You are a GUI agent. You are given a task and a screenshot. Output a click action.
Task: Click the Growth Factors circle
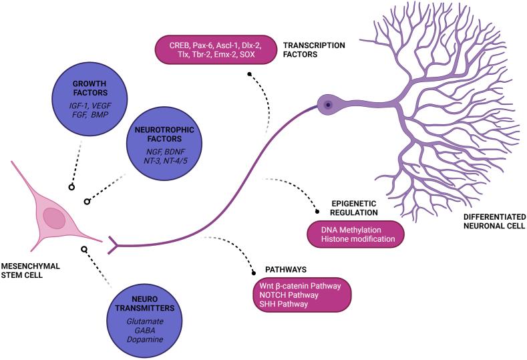point(90,98)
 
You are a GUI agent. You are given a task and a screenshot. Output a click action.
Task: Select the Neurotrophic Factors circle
point(164,143)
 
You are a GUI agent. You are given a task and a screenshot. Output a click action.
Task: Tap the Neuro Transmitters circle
point(144,320)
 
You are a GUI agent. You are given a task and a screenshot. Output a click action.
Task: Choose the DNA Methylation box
point(355,234)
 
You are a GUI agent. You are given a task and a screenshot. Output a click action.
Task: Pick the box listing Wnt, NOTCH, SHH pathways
point(303,295)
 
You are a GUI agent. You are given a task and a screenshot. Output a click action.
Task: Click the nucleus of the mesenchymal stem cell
point(55,218)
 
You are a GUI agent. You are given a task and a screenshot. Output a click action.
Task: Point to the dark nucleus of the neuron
point(329,106)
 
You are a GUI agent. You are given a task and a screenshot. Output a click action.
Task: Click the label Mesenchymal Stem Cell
point(30,271)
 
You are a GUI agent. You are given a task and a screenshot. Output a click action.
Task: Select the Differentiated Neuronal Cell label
point(494,221)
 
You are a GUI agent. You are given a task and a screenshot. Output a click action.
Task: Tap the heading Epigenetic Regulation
point(354,208)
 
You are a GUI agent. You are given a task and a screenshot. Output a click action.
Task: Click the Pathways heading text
point(286,270)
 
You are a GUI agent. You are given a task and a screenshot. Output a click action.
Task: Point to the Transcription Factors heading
point(314,49)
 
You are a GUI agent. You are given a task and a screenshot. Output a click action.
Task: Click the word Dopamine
point(145,339)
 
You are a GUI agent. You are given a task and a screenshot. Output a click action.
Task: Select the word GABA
point(145,331)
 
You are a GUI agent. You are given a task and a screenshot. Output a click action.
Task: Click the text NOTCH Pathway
point(289,295)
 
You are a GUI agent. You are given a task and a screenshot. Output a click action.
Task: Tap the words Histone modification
point(358,239)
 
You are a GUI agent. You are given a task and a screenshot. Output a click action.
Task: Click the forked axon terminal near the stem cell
point(113,245)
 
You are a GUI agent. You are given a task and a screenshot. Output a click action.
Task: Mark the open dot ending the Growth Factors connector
point(71,187)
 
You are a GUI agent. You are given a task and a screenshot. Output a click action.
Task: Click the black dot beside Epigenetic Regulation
point(317,212)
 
